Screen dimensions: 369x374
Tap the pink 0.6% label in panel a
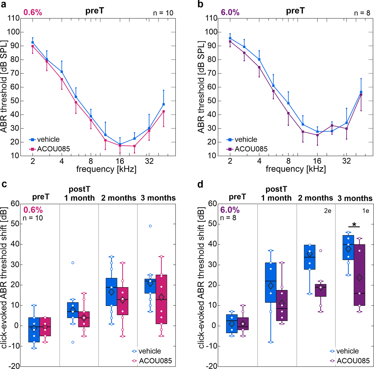(33, 12)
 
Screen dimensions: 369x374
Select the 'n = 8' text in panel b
(362, 13)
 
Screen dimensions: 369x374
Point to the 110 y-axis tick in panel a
(14, 18)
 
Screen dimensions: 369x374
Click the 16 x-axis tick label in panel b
(317, 161)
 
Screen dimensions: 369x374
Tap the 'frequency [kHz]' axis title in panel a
(106, 169)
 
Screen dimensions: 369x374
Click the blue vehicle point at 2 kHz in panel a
(33, 42)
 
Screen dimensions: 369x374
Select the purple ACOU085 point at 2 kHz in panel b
(230, 41)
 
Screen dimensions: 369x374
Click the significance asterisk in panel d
(354, 224)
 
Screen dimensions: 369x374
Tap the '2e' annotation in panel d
(327, 211)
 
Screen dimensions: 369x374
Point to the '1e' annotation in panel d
(365, 211)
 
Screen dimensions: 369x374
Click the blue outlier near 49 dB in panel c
(150, 226)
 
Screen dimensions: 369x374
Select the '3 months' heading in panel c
(158, 198)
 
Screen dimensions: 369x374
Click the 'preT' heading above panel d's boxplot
(237, 197)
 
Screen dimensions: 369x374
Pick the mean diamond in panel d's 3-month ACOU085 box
(359, 278)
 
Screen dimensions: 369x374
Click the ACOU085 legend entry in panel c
(155, 361)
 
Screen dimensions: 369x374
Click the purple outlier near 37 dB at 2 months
(321, 251)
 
